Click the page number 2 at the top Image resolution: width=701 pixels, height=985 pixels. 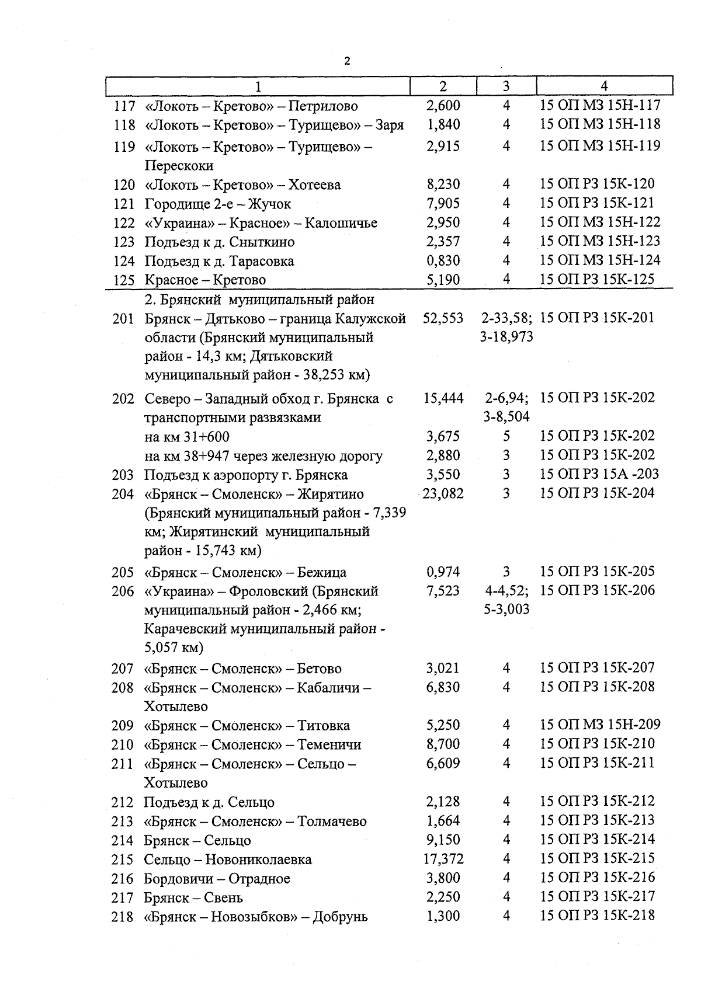[348, 61]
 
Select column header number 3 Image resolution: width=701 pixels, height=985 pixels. [506, 86]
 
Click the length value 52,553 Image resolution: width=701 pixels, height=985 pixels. [443, 318]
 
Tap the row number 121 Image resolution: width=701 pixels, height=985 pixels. [124, 204]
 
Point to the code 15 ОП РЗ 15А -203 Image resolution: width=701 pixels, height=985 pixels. [597, 474]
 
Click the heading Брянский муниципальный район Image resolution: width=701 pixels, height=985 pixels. [259, 300]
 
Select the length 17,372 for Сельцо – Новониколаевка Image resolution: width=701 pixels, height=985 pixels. [443, 859]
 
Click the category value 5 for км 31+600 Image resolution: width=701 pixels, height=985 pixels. [506, 436]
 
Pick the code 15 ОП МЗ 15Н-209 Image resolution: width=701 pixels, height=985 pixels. [600, 725]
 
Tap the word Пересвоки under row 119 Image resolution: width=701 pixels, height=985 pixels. [179, 166]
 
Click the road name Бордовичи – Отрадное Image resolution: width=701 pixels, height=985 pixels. [217, 879]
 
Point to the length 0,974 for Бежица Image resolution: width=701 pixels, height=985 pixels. [443, 572]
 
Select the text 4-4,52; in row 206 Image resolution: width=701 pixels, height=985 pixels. [506, 591]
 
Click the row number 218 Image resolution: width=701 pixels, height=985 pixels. [123, 917]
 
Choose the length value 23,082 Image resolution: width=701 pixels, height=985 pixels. [443, 494]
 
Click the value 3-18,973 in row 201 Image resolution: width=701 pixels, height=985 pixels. [506, 337]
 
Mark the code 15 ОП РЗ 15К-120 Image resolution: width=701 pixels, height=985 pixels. [597, 184]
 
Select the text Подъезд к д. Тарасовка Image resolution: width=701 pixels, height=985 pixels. [219, 261]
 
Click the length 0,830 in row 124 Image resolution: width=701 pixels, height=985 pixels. [443, 260]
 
